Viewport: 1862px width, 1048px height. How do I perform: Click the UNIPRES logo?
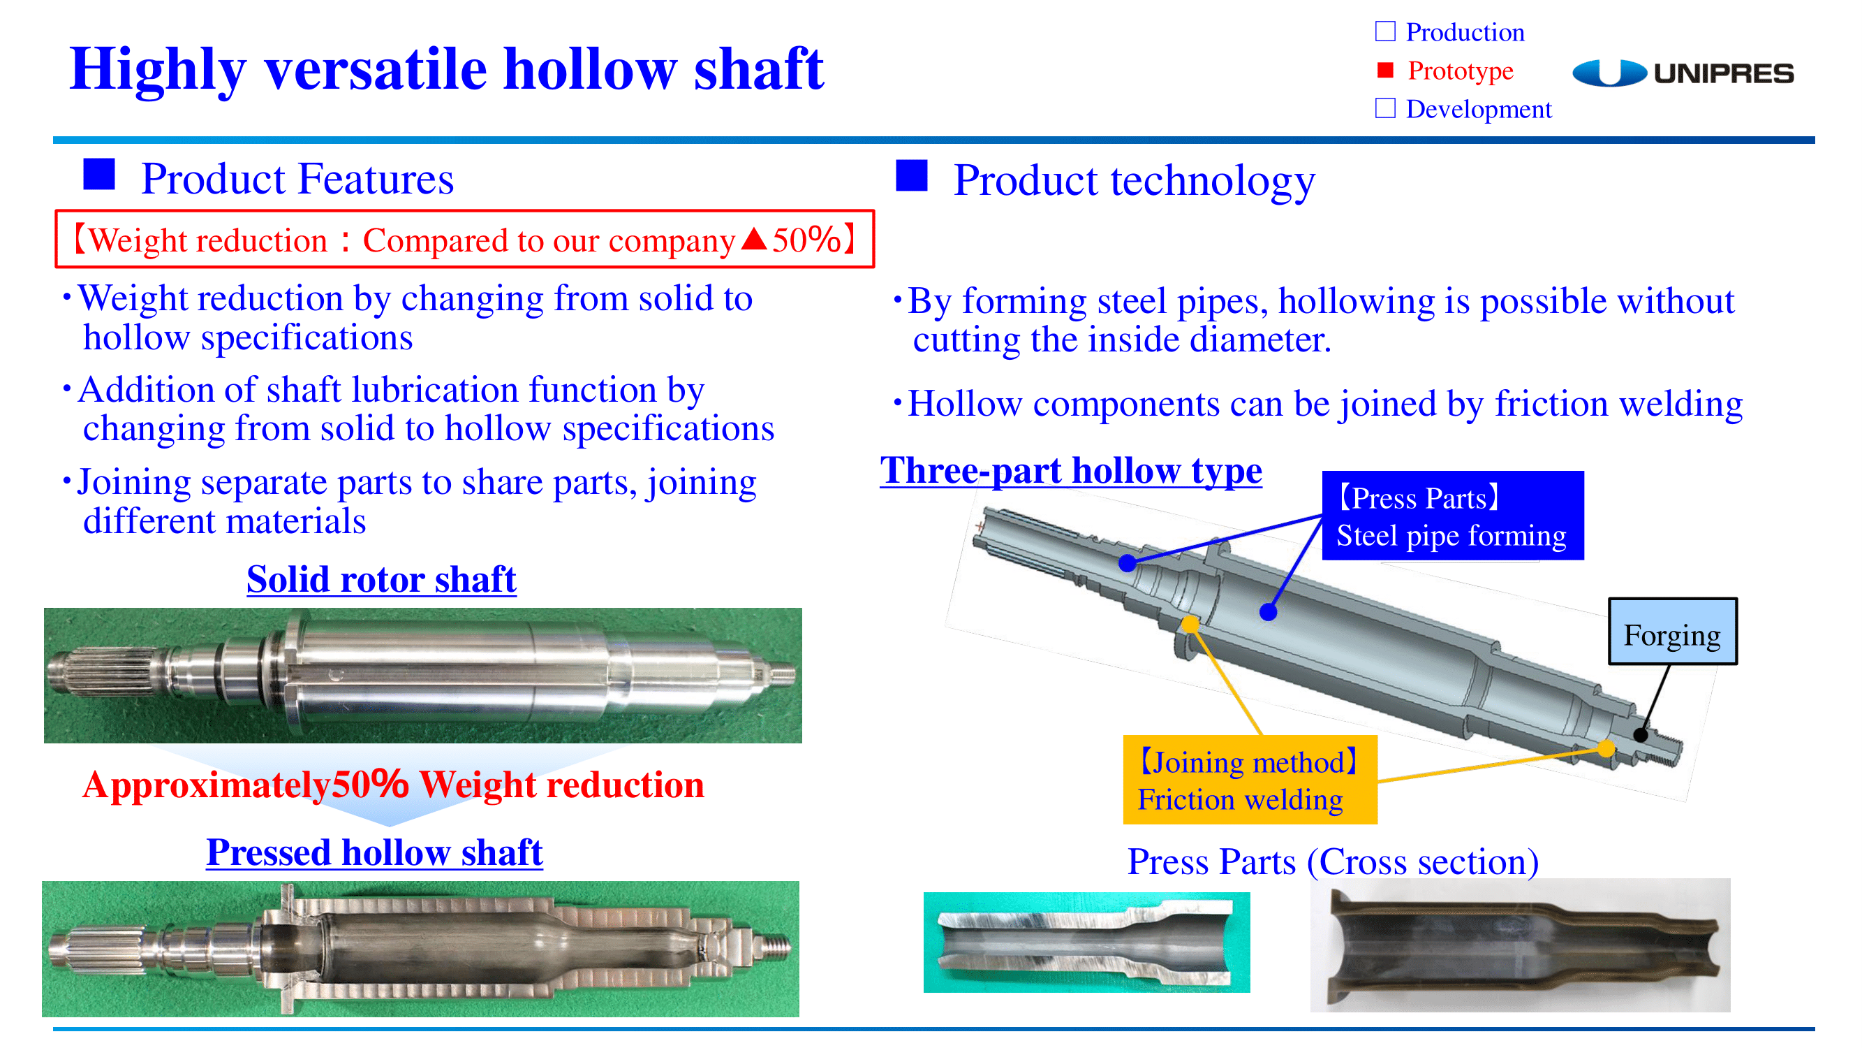(x=1682, y=73)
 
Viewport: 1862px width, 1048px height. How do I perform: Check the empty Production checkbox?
(x=1384, y=31)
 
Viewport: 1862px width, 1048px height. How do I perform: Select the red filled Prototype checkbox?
(x=1384, y=70)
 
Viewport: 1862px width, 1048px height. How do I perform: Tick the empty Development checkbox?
(x=1384, y=108)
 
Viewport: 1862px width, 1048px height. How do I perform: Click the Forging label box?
(x=1672, y=631)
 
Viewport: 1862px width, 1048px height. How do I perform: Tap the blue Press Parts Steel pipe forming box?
(x=1452, y=515)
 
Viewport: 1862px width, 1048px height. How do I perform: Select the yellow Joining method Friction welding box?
(x=1250, y=780)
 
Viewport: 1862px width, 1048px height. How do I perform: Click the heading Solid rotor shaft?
(x=382, y=578)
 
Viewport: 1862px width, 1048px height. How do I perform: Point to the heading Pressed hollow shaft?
(x=374, y=852)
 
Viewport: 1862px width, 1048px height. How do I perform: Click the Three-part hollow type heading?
(x=1070, y=471)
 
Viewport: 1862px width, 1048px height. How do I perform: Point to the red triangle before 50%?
(x=754, y=239)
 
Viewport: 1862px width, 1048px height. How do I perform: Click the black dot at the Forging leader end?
(x=1641, y=736)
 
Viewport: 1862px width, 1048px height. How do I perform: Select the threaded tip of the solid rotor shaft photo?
(x=782, y=675)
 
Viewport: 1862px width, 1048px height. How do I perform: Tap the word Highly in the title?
(x=158, y=69)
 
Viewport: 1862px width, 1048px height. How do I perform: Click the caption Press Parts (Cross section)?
(x=1333, y=861)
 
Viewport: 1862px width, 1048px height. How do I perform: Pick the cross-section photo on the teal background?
(x=1086, y=942)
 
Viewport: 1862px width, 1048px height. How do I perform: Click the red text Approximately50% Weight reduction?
(x=393, y=784)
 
